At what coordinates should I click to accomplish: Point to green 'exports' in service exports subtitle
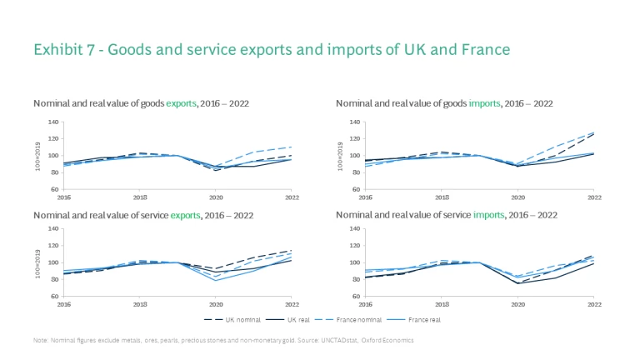tap(186, 214)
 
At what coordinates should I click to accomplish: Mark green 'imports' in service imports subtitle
tap(489, 214)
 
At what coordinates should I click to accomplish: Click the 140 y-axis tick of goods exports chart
tap(52, 122)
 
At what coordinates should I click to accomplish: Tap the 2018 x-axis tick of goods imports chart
tap(442, 197)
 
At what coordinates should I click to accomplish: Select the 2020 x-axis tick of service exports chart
tap(216, 303)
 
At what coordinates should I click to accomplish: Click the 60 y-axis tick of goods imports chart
tap(357, 189)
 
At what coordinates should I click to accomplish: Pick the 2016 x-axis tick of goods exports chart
tap(63, 197)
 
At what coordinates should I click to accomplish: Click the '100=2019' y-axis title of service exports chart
tap(37, 262)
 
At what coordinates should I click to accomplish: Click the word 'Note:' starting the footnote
tap(41, 340)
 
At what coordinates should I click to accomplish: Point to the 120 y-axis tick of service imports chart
tap(355, 245)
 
